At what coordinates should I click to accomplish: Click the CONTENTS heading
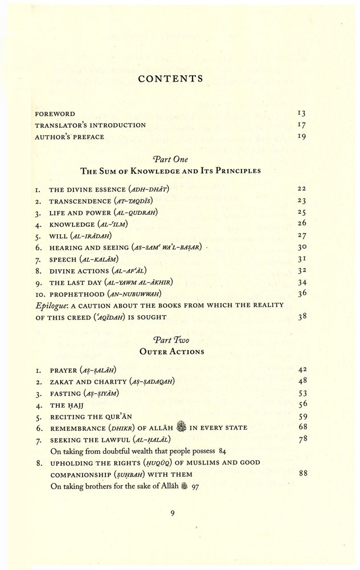click(x=170, y=79)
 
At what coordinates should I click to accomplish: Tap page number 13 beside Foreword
click(x=302, y=114)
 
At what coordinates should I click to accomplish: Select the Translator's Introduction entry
click(x=91, y=125)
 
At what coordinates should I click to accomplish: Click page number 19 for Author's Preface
click(x=302, y=137)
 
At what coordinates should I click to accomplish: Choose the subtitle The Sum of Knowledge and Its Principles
click(x=170, y=171)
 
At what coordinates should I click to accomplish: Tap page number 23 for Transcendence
click(x=302, y=201)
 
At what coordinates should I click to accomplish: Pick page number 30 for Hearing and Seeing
click(x=302, y=247)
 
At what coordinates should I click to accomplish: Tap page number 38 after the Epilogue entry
click(x=302, y=317)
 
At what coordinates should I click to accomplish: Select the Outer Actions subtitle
click(x=171, y=352)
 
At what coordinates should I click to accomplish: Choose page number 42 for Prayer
click(x=302, y=370)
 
